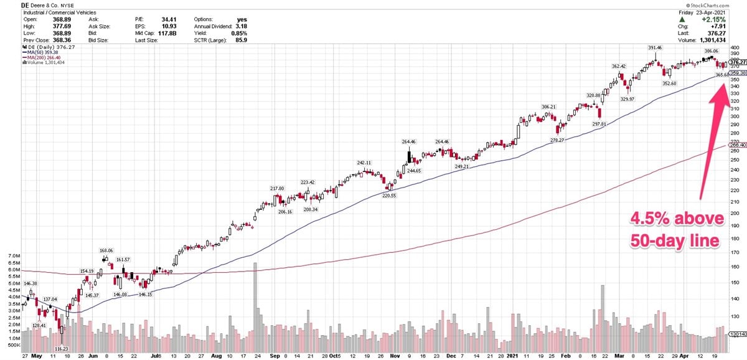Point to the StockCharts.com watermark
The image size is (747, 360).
[718, 5]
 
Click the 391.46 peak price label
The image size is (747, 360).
[655, 48]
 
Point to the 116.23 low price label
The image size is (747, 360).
[62, 349]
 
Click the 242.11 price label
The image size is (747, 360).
[364, 163]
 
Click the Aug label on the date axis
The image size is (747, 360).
[216, 357]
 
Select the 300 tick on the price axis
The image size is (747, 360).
[734, 116]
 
